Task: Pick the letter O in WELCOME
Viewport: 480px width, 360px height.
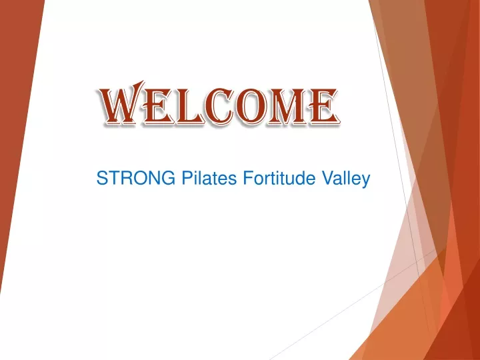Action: pyautogui.click(x=251, y=107)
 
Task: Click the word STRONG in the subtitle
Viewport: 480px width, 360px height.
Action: pyautogui.click(x=136, y=178)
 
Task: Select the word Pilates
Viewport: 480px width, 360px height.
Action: pyautogui.click(x=209, y=178)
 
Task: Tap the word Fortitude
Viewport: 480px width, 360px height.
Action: pyautogui.click(x=279, y=178)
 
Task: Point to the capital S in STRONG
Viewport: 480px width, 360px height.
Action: pyautogui.click(x=103, y=178)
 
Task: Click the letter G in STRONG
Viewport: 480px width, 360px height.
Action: pyautogui.click(x=168, y=178)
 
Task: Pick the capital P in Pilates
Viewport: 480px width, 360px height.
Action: pyautogui.click(x=188, y=178)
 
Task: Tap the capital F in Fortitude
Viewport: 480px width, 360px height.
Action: pyautogui.click(x=249, y=178)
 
